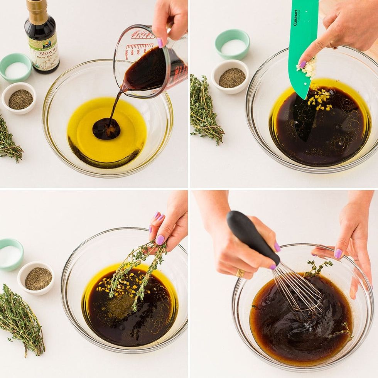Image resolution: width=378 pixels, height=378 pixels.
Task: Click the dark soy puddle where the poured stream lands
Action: [x=106, y=129]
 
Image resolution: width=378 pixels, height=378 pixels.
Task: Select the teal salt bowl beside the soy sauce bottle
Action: [x=16, y=68]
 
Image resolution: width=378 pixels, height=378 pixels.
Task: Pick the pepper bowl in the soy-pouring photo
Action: [x=19, y=98]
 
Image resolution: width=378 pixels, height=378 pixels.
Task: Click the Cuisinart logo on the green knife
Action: [x=295, y=17]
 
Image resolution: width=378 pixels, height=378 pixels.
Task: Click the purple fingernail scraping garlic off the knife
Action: [x=303, y=64]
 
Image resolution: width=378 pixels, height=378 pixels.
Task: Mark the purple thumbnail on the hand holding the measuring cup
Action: [x=160, y=42]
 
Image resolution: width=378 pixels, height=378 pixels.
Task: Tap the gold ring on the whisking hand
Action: [x=240, y=273]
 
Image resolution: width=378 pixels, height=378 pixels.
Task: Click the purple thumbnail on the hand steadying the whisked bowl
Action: [x=338, y=253]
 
